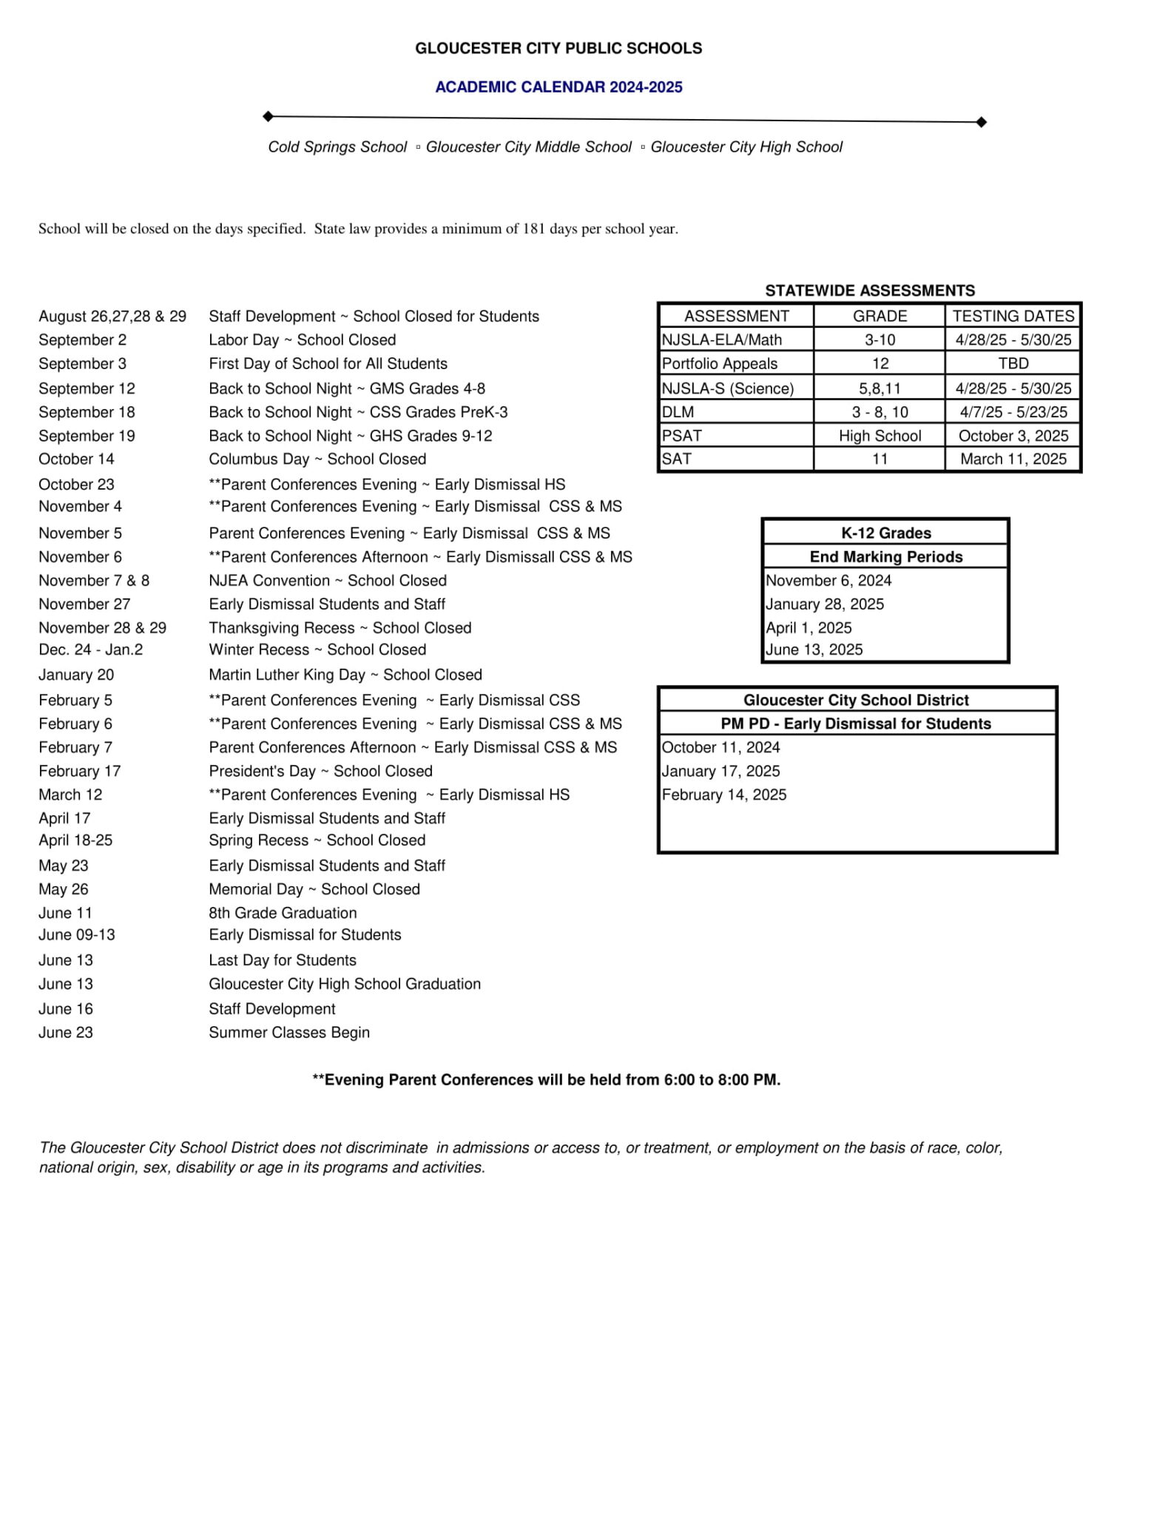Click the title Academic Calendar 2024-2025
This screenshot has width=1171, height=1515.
pos(558,87)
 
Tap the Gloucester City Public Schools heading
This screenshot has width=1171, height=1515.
pos(558,49)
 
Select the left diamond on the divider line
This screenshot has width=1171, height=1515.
pos(269,116)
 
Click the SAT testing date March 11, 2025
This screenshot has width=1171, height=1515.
pos(1013,459)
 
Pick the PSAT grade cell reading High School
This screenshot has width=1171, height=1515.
pos(880,436)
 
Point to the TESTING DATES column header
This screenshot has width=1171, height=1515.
pos(1013,316)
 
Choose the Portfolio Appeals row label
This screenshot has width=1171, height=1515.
pos(720,364)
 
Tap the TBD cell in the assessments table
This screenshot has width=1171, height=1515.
pos(1013,364)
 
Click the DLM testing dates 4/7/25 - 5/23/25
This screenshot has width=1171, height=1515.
pos(1013,412)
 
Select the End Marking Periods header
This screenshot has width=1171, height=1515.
pos(885,557)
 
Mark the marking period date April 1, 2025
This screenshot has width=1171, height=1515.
pos(809,628)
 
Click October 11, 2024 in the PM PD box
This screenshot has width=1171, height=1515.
pos(721,747)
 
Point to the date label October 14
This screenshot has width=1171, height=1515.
pos(76,459)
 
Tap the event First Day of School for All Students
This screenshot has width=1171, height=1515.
pos(328,364)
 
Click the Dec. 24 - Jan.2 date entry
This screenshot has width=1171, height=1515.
pos(90,649)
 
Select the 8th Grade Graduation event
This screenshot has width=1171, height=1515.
pos(283,913)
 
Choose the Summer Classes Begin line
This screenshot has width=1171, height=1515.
pos(288,1033)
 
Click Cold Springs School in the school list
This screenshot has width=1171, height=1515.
pos(337,147)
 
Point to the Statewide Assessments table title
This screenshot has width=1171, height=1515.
pos(870,291)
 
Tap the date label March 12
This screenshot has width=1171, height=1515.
pos(70,794)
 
